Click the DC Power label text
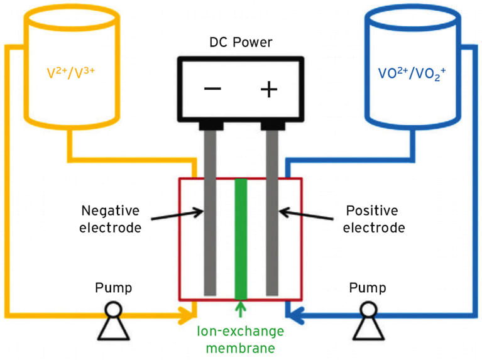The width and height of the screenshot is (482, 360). point(241,43)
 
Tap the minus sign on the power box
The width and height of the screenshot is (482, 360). point(212,89)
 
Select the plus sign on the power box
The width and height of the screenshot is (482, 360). point(269,89)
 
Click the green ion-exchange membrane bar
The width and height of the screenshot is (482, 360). point(241,239)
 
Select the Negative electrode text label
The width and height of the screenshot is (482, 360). point(110,219)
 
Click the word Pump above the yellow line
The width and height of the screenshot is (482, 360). point(113,288)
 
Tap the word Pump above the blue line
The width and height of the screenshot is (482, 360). point(368,288)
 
